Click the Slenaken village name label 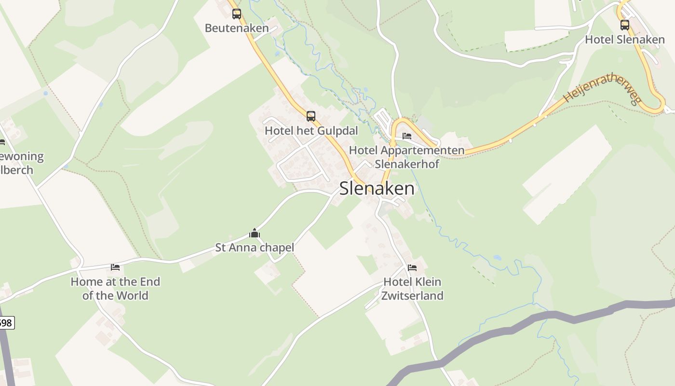click(x=377, y=188)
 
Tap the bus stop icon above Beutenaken click(x=236, y=14)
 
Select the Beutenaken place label click(x=237, y=28)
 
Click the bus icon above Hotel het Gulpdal click(x=311, y=116)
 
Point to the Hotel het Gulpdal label click(x=311, y=131)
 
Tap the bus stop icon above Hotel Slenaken click(x=625, y=25)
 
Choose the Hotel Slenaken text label click(x=625, y=40)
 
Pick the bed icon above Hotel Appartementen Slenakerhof click(x=407, y=136)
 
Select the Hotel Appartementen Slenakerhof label click(x=407, y=157)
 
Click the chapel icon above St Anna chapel click(x=255, y=234)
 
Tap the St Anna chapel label click(x=255, y=248)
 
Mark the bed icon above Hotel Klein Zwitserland click(x=412, y=267)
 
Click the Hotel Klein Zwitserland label click(x=412, y=289)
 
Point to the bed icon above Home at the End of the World click(x=115, y=267)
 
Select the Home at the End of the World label click(x=115, y=289)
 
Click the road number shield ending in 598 click(x=6, y=322)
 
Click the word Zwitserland click(x=412, y=295)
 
